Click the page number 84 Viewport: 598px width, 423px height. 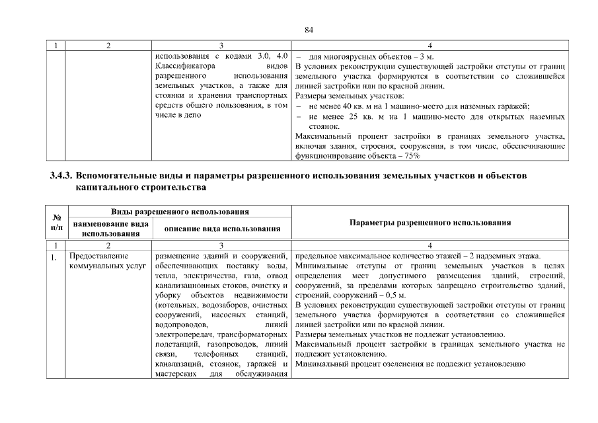coord(308,30)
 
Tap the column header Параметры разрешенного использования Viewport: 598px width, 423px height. coord(430,223)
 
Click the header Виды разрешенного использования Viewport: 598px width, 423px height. coord(180,212)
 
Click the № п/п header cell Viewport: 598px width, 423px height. coord(58,223)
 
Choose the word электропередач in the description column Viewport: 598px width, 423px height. coord(186,335)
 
